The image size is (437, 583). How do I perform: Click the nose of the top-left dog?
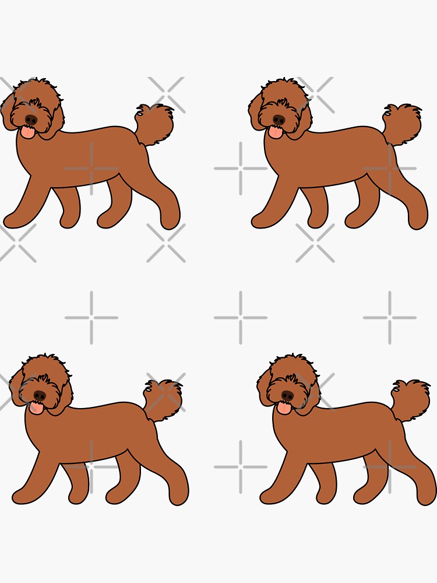[x=31, y=120]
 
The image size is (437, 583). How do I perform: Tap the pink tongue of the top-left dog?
[x=27, y=134]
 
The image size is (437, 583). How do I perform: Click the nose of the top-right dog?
[x=279, y=120]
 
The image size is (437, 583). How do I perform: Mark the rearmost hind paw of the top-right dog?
[x=418, y=220]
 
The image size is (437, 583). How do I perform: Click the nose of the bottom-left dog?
[x=40, y=395]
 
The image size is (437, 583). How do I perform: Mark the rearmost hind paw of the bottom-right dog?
[x=427, y=496]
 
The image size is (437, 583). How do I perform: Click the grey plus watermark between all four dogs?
[x=241, y=318]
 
